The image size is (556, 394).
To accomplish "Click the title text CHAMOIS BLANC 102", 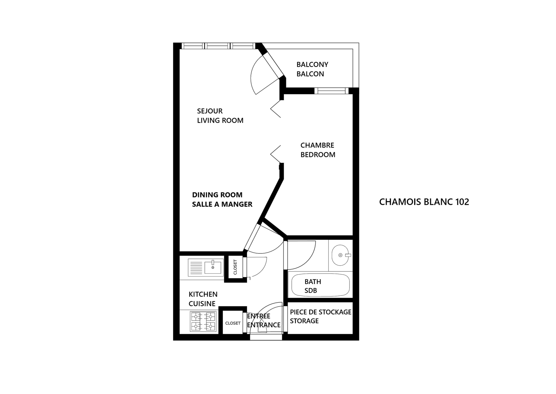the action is (424, 202).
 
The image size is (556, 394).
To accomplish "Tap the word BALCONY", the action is (312, 65).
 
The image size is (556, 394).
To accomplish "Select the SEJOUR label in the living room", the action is (210, 111).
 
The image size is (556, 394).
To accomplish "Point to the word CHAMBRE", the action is (317, 145).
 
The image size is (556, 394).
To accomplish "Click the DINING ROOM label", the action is (217, 195).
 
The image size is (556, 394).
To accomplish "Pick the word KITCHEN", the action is (203, 294).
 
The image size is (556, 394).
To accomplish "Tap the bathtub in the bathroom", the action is (320, 285).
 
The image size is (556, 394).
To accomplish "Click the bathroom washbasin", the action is (341, 255).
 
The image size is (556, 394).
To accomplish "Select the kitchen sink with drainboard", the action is (206, 267).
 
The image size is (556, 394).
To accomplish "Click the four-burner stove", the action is (203, 321).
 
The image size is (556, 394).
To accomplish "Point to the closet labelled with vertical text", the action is (235, 267).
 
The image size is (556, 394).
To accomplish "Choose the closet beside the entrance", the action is (233, 323).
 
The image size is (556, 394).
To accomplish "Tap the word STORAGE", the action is (304, 321).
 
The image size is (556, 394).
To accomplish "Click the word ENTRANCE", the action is (264, 325).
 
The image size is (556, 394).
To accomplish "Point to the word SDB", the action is (311, 290).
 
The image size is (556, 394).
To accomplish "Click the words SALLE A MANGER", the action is (222, 204).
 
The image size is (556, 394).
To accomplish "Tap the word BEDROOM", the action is (318, 155).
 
